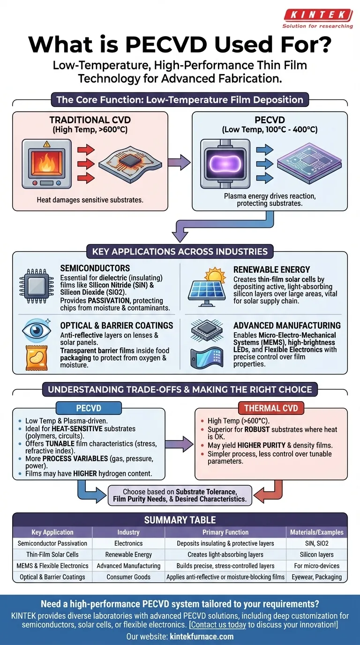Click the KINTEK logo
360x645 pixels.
pos(317,15)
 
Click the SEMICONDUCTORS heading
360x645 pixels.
pos(95,268)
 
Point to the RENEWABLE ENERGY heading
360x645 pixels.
pos(272,270)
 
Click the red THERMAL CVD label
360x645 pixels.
pos(271,408)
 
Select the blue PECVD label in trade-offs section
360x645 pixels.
pos(82,408)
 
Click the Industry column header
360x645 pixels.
pos(128,532)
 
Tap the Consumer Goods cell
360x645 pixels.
pos(128,577)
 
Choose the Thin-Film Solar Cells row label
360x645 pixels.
pos(52,555)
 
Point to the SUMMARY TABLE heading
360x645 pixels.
pos(180,520)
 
